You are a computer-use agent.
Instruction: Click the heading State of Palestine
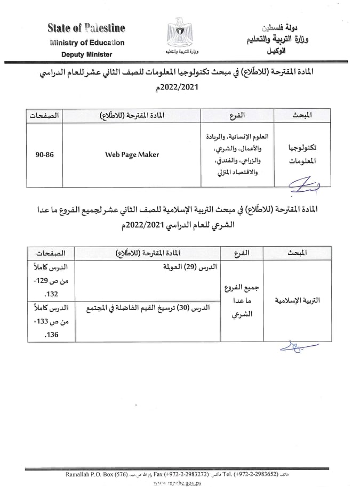86,28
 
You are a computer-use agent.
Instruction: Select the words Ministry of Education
87,43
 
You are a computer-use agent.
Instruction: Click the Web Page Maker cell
132,155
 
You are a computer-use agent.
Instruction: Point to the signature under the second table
295,348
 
